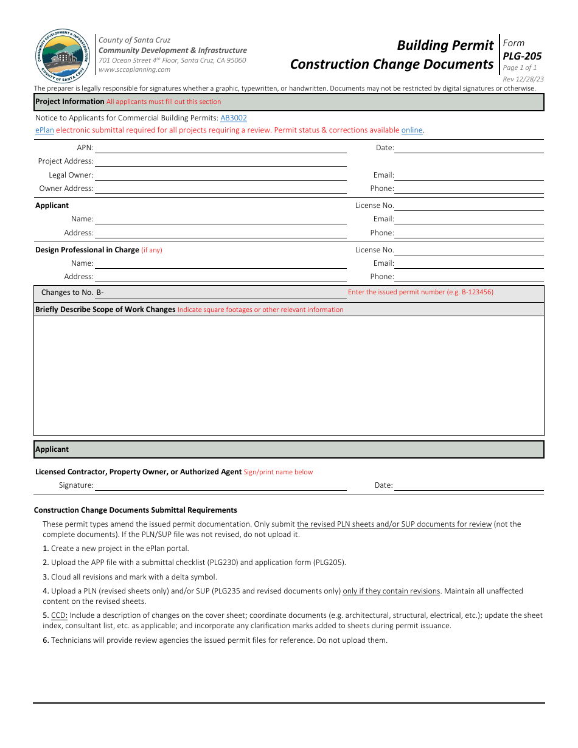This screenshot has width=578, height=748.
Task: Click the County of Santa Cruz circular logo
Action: pos(63,57)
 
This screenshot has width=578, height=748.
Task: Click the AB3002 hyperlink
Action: pos(234,118)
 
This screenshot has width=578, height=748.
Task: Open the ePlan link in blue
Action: pos(44,130)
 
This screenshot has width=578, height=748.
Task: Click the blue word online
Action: pos(412,130)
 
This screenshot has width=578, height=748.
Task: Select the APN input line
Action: pos(220,148)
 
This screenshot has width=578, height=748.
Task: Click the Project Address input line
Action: pos(220,161)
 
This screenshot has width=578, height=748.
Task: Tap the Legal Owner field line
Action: pos(220,175)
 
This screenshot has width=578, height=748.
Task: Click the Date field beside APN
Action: pos(468,148)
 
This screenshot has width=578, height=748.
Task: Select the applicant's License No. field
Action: pos(468,206)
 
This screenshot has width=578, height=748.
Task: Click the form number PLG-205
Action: pos(522,56)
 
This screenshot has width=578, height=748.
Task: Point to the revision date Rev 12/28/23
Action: pos(523,79)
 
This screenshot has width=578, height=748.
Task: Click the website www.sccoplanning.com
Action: pos(134,70)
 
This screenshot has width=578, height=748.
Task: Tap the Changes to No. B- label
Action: pos(72,293)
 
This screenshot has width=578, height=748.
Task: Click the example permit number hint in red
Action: pos(420,293)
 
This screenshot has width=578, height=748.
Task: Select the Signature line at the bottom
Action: pos(220,485)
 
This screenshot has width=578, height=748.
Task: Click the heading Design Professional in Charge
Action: pos(87,250)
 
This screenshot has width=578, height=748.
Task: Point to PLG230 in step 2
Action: pos(226,563)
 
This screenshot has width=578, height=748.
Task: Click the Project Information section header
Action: pos(70,102)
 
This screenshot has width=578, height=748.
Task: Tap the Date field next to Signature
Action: pos(468,485)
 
